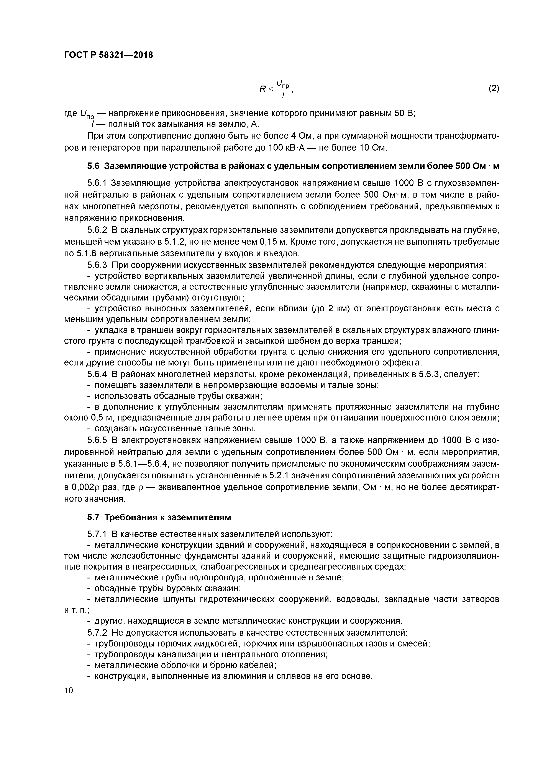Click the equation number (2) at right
point(494,88)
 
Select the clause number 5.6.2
point(97,230)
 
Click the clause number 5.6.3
point(97,265)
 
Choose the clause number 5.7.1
point(97,534)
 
